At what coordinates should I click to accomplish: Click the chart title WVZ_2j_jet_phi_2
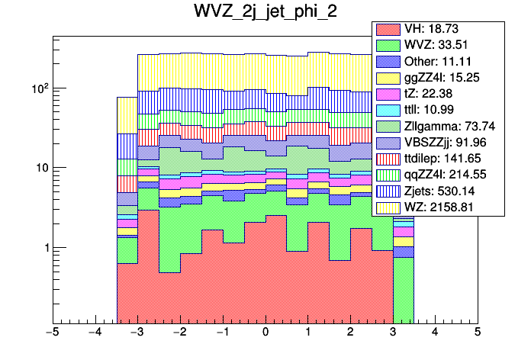[265, 14]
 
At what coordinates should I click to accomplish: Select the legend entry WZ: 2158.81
[439, 207]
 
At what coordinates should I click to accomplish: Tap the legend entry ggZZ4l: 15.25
[439, 77]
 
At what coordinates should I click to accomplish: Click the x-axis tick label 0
[265, 333]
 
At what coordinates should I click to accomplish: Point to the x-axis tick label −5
[52, 333]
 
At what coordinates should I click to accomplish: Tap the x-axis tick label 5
[477, 333]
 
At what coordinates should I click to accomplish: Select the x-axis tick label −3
[137, 333]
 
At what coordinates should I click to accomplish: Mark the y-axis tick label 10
[43, 169]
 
